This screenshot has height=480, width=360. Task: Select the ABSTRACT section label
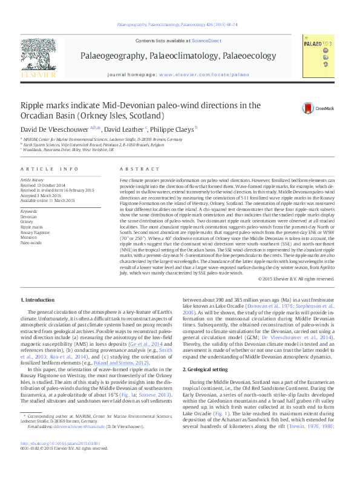tap(134, 169)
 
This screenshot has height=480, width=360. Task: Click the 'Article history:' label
tap(33, 180)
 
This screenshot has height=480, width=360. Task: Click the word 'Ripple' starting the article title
tap(34, 106)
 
